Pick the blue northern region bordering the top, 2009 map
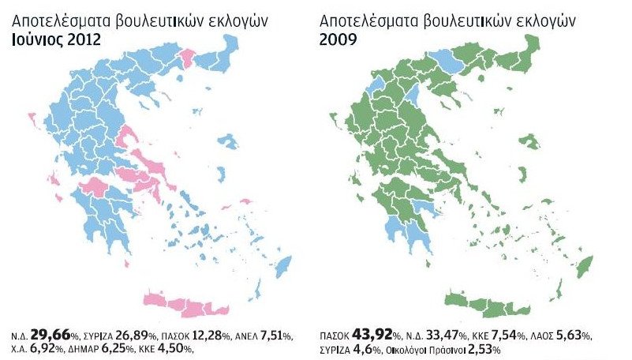(451, 60)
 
